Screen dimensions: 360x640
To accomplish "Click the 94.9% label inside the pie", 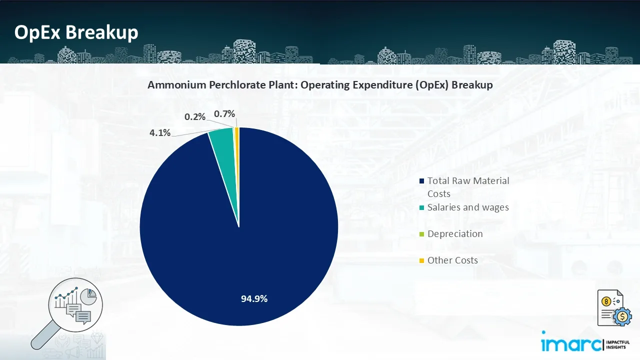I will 254,299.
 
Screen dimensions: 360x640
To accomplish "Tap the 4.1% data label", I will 160,133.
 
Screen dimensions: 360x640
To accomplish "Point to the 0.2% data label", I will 195,117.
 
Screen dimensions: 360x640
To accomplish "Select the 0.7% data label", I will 224,114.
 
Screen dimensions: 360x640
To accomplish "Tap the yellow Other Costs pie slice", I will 237,134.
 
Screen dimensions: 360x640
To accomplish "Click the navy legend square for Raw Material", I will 422,181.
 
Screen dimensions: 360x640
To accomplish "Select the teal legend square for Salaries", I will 422,207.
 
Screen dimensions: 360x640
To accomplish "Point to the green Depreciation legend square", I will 422,234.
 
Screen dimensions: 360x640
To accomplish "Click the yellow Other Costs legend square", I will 422,260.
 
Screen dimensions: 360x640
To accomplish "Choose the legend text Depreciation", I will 455,234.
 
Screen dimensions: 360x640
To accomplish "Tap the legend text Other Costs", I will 452,260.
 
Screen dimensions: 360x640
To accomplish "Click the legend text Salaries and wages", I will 468,207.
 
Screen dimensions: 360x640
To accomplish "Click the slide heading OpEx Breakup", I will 76,33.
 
